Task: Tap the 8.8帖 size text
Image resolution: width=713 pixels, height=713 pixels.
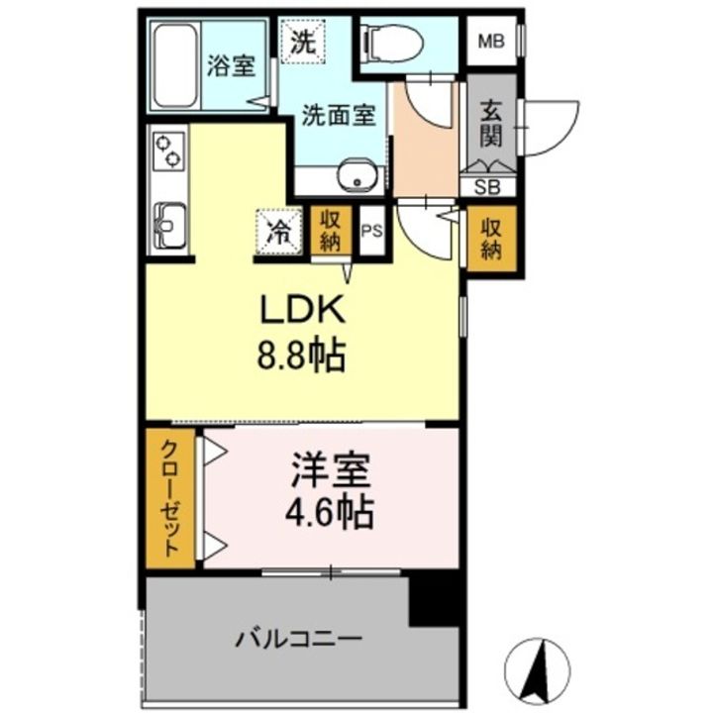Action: (x=302, y=355)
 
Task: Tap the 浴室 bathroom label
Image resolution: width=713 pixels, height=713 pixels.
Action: (x=231, y=67)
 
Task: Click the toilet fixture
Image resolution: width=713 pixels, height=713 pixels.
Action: (x=391, y=42)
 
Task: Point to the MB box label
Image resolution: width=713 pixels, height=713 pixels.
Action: (x=490, y=41)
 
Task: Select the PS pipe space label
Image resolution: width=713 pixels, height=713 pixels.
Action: (x=372, y=233)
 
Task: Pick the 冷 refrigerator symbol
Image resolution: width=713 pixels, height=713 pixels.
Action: (x=279, y=232)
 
